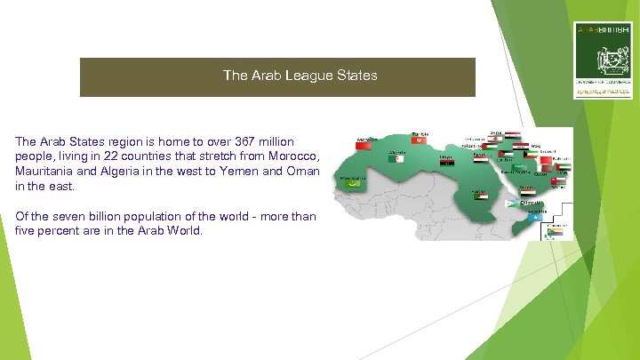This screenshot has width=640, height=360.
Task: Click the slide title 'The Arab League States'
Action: coord(300,76)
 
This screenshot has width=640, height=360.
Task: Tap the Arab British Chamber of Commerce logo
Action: coord(604,60)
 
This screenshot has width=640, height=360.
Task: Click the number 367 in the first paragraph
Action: coord(244,141)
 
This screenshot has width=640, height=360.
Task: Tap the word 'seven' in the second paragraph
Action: coord(67,217)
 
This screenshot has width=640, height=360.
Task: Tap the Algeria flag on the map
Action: coord(397,158)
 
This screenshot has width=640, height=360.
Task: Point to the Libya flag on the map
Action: coord(446,163)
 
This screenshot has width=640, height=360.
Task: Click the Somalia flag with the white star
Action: coord(532,217)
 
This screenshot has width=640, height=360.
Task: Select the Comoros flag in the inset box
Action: coord(556,230)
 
